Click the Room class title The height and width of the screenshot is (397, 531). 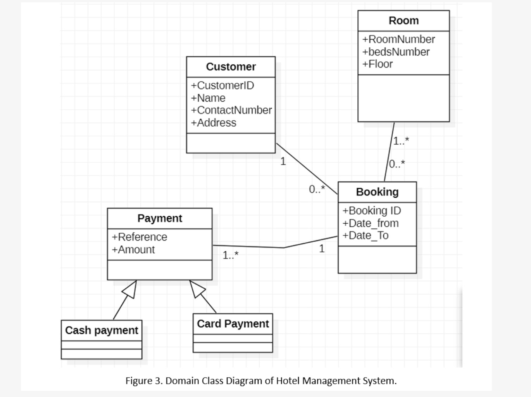pyautogui.click(x=403, y=21)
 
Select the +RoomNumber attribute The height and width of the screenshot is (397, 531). pyautogui.click(x=398, y=39)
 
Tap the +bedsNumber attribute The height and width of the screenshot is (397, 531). pyautogui.click(x=396, y=52)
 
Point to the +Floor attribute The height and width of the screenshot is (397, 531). pyautogui.click(x=378, y=64)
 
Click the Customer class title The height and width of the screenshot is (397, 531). pyautogui.click(x=231, y=67)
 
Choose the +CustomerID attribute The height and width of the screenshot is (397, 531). pyautogui.click(x=222, y=85)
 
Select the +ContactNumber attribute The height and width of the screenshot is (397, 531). pyautogui.click(x=231, y=110)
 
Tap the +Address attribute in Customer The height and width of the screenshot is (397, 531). pyautogui.click(x=214, y=123)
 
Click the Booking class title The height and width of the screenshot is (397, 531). pyautogui.click(x=377, y=192)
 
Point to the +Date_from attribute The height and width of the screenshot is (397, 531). pyautogui.click(x=371, y=223)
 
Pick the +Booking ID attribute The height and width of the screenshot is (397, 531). pyautogui.click(x=372, y=211)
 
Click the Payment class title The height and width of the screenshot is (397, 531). pyautogui.click(x=160, y=218)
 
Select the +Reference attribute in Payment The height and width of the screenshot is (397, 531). pyautogui.click(x=140, y=237)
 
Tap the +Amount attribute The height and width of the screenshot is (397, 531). pyautogui.click(x=133, y=249)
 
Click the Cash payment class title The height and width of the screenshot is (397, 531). pyautogui.click(x=102, y=330)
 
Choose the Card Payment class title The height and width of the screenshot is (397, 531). pyautogui.click(x=233, y=324)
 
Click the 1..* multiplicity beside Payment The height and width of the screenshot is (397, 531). pyautogui.click(x=231, y=255)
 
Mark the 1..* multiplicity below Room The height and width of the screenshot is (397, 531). pyautogui.click(x=401, y=141)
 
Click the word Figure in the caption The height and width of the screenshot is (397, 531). pyautogui.click(x=138, y=381)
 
